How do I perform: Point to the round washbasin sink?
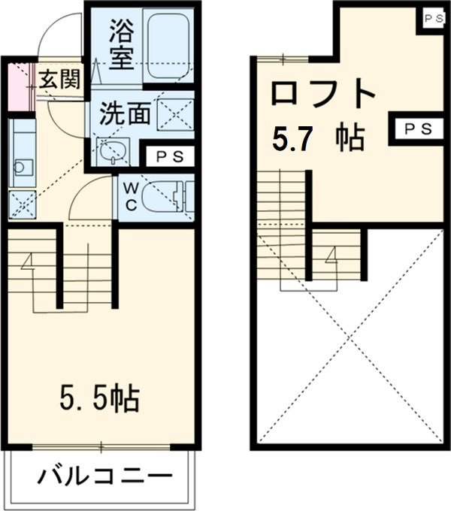point(114,152)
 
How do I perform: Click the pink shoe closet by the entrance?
point(17,86)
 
